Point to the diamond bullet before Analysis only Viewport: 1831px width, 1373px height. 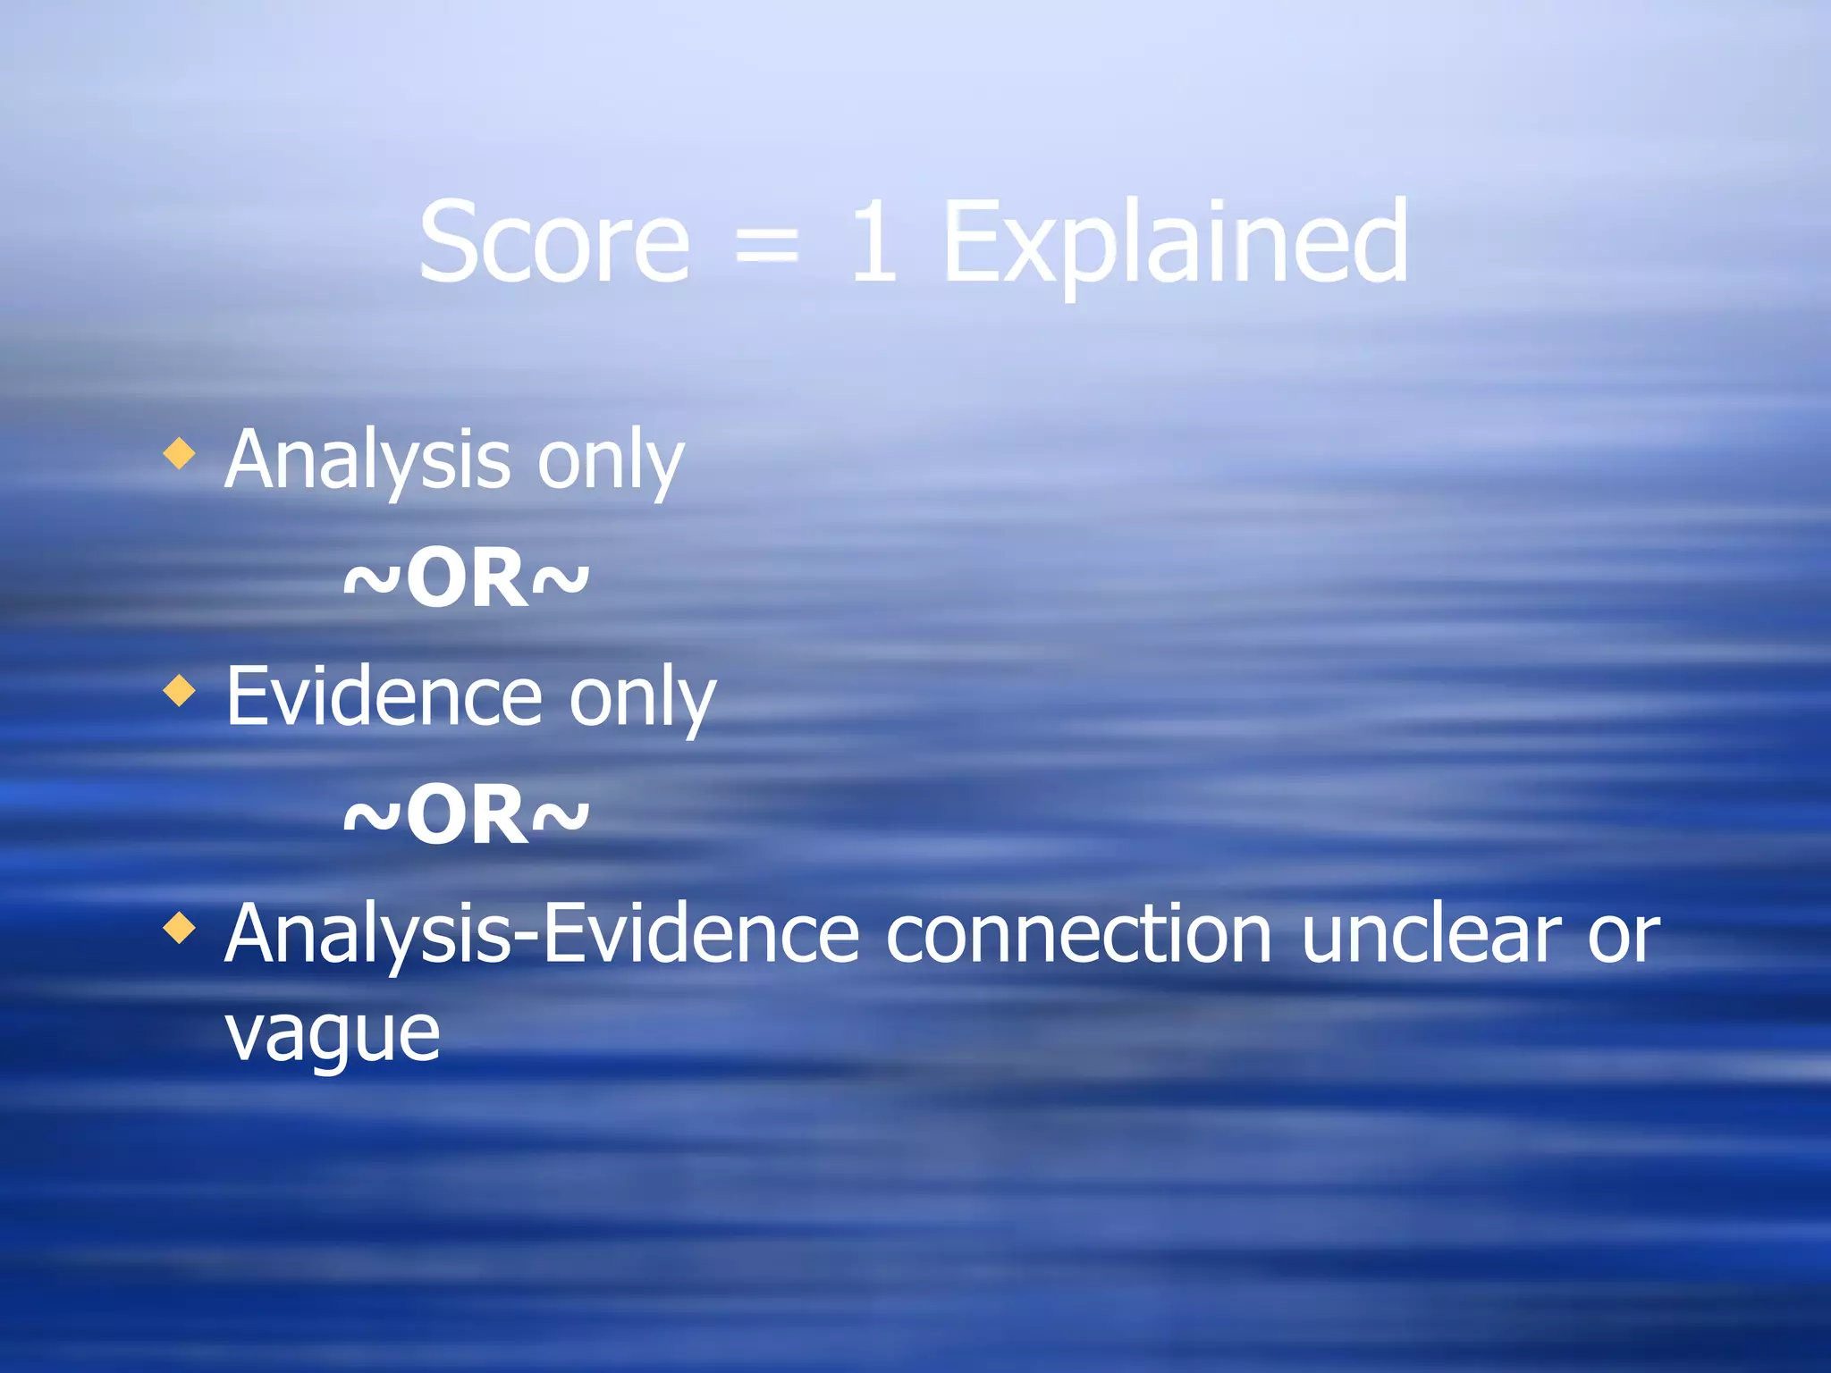pyautogui.click(x=180, y=453)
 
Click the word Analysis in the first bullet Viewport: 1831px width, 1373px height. pyautogui.click(x=367, y=461)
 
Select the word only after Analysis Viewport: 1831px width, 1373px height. pyautogui.click(x=610, y=461)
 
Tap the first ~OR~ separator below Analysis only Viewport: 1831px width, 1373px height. pyautogui.click(x=466, y=578)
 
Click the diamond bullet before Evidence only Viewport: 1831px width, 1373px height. pyautogui.click(x=180, y=691)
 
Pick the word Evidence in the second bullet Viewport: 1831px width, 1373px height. pyautogui.click(x=384, y=697)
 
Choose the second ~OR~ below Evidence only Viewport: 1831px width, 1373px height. pyautogui.click(x=466, y=815)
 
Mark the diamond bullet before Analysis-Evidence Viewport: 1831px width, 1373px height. pyautogui.click(x=180, y=928)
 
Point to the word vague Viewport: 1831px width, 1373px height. pyautogui.click(x=332, y=1035)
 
